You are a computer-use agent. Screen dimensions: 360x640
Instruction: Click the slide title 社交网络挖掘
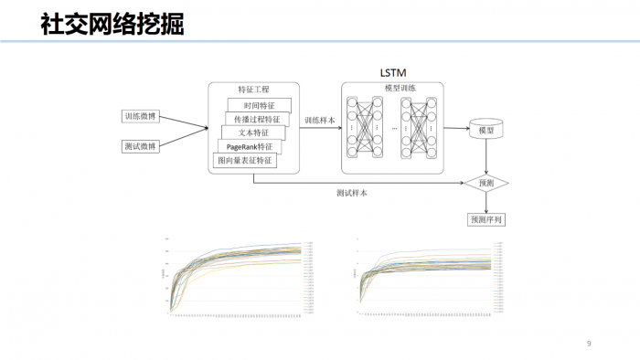coord(112,25)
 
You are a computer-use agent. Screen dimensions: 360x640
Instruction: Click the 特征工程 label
coord(253,90)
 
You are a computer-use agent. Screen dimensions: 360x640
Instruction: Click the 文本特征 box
coord(253,133)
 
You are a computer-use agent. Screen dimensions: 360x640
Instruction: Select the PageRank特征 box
coord(249,147)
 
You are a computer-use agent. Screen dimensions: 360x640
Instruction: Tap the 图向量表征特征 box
coord(243,161)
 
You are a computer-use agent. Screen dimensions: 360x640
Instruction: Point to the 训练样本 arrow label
coord(320,120)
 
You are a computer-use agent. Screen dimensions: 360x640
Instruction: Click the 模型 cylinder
coord(485,131)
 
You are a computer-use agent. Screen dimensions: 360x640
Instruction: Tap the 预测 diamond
coord(485,183)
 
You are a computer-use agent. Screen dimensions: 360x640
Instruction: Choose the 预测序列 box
coord(485,219)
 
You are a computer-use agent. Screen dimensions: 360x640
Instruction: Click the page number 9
coord(589,344)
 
